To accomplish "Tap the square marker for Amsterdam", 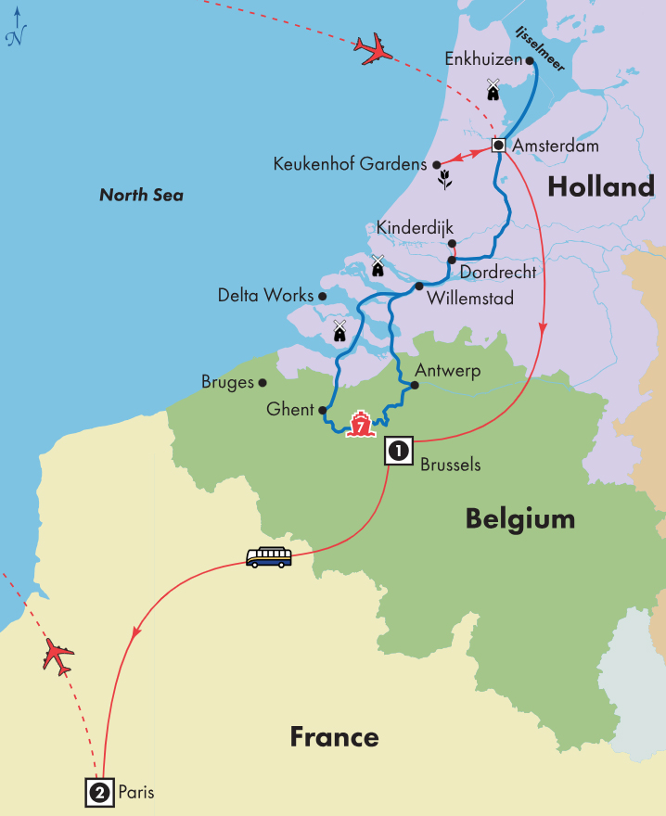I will coord(498,146).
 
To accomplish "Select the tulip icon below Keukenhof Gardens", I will coord(445,180).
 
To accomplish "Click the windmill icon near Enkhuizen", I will coord(493,89).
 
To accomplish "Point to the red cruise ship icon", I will coord(359,426).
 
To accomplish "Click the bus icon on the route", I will coord(269,557).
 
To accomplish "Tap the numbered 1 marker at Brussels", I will coord(398,452).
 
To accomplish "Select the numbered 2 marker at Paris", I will coord(99,793).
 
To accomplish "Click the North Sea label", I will coord(141,195).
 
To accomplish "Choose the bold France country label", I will coord(334,737).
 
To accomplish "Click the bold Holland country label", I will coord(600,187).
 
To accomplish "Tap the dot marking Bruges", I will coord(263,382).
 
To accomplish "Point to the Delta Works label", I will coord(265,296).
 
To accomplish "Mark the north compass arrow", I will coord(16,25).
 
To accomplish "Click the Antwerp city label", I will coord(449,370).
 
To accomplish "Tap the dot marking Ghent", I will coord(323,410).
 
